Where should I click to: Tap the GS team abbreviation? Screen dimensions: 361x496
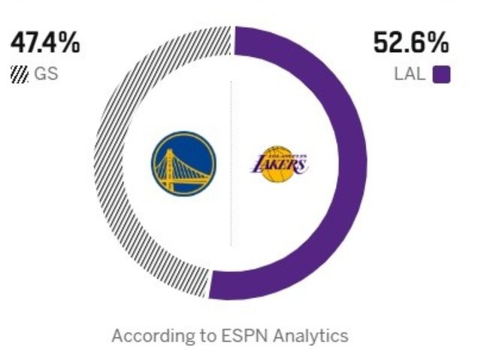[46, 75]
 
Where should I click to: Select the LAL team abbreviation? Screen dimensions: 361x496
[410, 75]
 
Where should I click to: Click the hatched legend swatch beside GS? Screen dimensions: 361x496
[20, 75]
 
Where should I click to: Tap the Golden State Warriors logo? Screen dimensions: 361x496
[183, 163]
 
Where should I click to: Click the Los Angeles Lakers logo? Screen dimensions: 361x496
[279, 163]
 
